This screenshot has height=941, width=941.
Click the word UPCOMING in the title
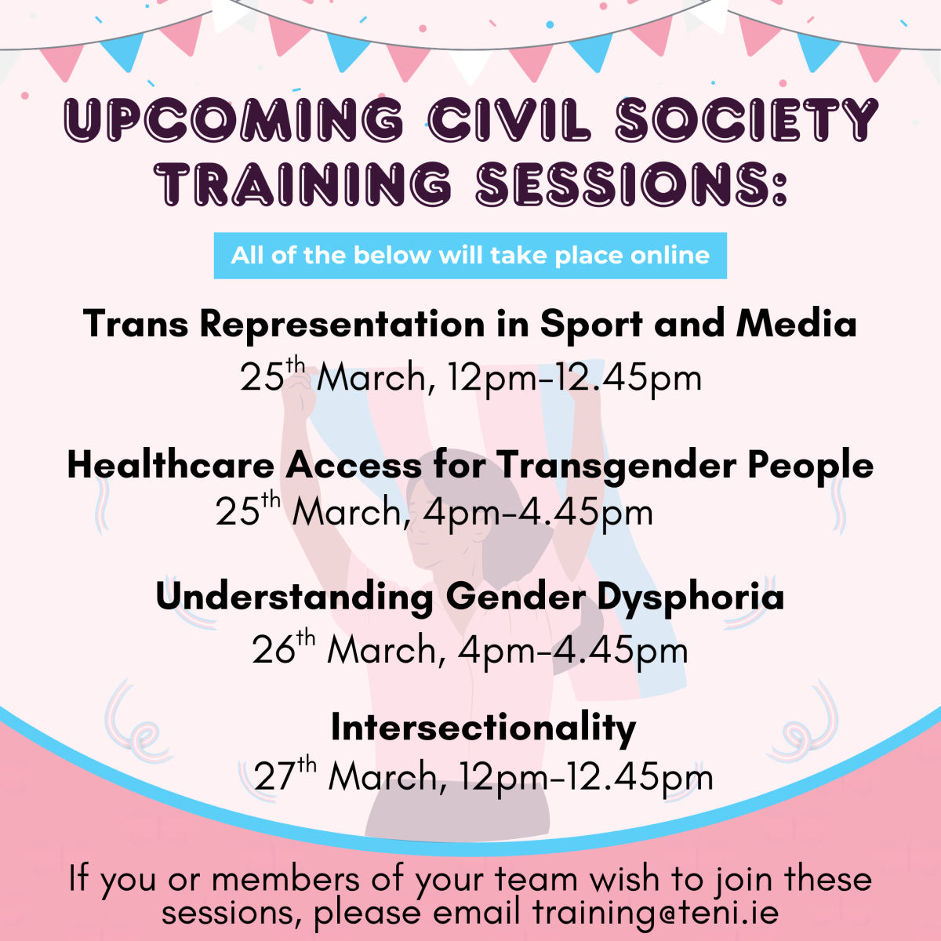point(234,120)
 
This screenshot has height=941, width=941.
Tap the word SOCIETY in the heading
point(747,120)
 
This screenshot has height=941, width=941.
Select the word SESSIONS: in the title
point(631,183)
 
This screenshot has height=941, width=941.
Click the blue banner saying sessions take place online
point(470,256)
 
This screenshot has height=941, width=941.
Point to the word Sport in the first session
point(591,325)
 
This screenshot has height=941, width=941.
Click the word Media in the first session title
point(796,323)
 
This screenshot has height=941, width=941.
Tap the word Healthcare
point(170,464)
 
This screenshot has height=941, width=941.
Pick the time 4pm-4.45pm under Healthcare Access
point(538,513)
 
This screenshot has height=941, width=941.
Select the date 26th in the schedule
point(284,648)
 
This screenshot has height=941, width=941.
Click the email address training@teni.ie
point(656,912)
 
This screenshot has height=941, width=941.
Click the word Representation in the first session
point(343,325)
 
